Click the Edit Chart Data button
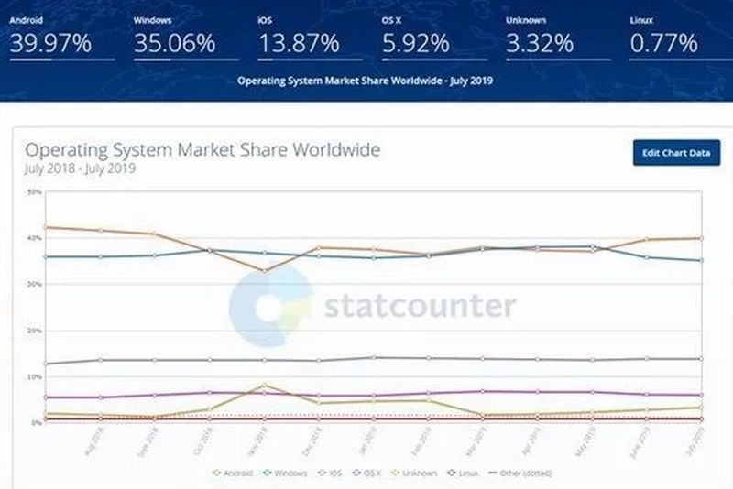[676, 152]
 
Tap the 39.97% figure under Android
[49, 43]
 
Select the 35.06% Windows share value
[174, 43]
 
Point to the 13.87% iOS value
[298, 43]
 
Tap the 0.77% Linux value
[663, 43]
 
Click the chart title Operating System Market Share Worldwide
[202, 150]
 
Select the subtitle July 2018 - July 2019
[81, 169]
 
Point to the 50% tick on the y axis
[35, 192]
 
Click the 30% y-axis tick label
[35, 285]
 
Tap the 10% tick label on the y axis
[35, 377]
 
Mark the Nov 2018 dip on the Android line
[265, 270]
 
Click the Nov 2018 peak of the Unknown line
[265, 386]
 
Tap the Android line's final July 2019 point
[702, 238]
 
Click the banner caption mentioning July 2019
[365, 81]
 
